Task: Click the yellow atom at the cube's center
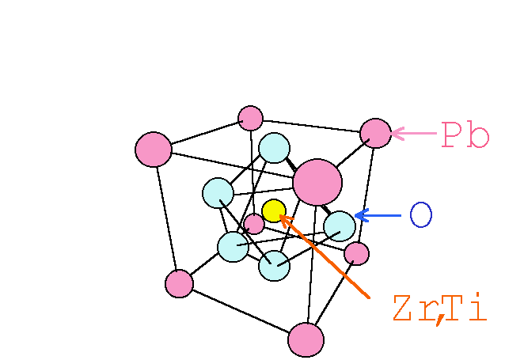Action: point(273,210)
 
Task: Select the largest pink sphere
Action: point(317,182)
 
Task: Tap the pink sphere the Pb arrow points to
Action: point(375,133)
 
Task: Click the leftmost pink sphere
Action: point(154,150)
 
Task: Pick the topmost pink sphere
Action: point(250,118)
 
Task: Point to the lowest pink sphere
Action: point(306,339)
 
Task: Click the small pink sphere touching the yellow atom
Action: point(254,224)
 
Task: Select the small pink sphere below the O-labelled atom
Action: point(357,253)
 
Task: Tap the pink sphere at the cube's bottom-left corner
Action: point(179,283)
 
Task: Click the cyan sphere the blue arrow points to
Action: point(340,226)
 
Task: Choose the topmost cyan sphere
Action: point(274,148)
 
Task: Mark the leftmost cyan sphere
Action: point(218,193)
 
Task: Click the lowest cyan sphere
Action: point(274,265)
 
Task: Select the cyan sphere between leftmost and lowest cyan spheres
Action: point(233,247)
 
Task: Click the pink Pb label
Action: point(465,135)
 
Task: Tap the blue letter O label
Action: point(420,215)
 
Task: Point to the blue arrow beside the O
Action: point(378,215)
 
